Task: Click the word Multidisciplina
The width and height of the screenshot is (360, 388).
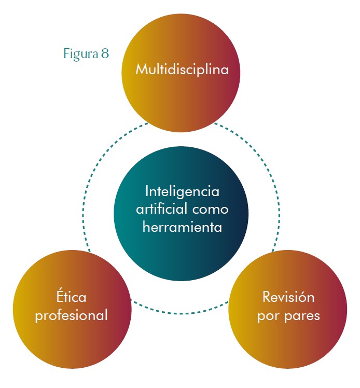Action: pos(182,70)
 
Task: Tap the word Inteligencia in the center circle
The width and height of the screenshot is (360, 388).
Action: pos(182,191)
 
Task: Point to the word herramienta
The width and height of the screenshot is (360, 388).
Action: pos(182,227)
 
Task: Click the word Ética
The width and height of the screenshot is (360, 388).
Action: pos(71,297)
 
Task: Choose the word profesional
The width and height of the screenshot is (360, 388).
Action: pos(71,315)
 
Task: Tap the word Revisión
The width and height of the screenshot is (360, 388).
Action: pos(288,297)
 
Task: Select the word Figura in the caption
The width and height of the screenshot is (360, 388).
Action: pos(79,54)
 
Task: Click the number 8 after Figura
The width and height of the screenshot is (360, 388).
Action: pos(105,54)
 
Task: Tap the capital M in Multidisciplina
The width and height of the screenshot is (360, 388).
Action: pos(141,70)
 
